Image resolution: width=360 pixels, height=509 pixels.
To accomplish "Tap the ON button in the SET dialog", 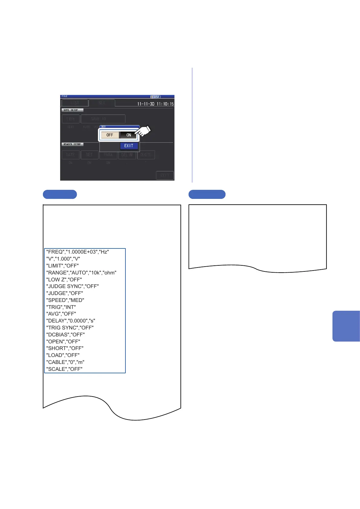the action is [128, 135].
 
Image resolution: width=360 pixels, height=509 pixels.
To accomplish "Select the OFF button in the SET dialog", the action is [110, 135].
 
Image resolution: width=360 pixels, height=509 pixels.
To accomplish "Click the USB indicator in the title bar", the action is [156, 97].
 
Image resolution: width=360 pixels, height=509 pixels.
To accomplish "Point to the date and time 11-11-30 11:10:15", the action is [155, 104].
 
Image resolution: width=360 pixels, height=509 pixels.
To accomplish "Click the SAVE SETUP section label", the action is [72, 110].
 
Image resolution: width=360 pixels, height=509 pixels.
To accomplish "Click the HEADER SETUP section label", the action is [72, 144].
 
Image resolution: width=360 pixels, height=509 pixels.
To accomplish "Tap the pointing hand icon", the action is [143, 131].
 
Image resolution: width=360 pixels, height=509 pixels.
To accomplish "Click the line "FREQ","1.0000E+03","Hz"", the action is [77, 252].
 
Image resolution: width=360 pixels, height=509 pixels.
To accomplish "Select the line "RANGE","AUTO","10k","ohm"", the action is [81, 273].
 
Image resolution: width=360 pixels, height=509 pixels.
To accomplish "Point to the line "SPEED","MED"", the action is [65, 300].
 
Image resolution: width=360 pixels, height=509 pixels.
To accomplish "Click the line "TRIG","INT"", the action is [61, 307].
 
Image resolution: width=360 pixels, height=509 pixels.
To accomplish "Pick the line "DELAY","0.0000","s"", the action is [70, 321].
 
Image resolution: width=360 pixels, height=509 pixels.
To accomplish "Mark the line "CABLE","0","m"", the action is [65, 362].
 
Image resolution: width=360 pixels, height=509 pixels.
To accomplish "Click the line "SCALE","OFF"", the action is [64, 369].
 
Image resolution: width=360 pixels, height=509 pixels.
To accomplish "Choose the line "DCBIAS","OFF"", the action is [65, 335].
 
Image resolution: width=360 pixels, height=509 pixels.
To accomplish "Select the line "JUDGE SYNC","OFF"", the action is [72, 286].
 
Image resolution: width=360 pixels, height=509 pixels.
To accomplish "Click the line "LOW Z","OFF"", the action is [64, 280].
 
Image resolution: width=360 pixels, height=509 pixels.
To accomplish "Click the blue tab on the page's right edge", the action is [346, 326].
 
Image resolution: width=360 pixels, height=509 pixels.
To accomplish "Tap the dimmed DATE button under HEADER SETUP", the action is [71, 155].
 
